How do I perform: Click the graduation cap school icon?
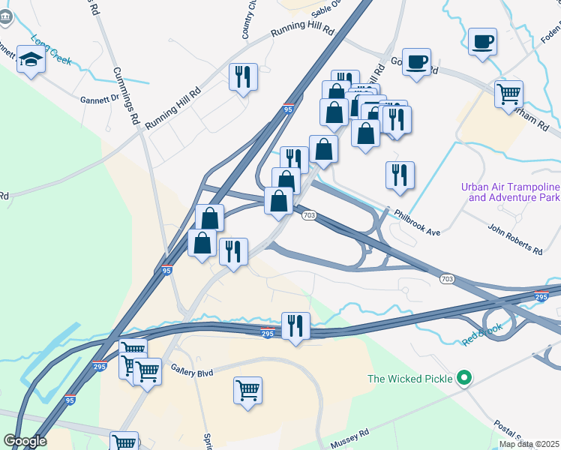pos(31,60)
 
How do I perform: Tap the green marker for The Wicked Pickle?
pos(464,379)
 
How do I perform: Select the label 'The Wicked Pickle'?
pos(410,379)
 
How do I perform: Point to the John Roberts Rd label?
pos(514,248)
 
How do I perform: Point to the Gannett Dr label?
pos(100,98)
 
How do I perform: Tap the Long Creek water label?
pos(51,48)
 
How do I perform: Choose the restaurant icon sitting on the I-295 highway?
pos(295,325)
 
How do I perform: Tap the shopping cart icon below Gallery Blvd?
pos(247,390)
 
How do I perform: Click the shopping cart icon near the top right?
pos(508,94)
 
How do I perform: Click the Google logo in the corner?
pos(25,441)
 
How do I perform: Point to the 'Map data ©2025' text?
pos(528,444)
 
